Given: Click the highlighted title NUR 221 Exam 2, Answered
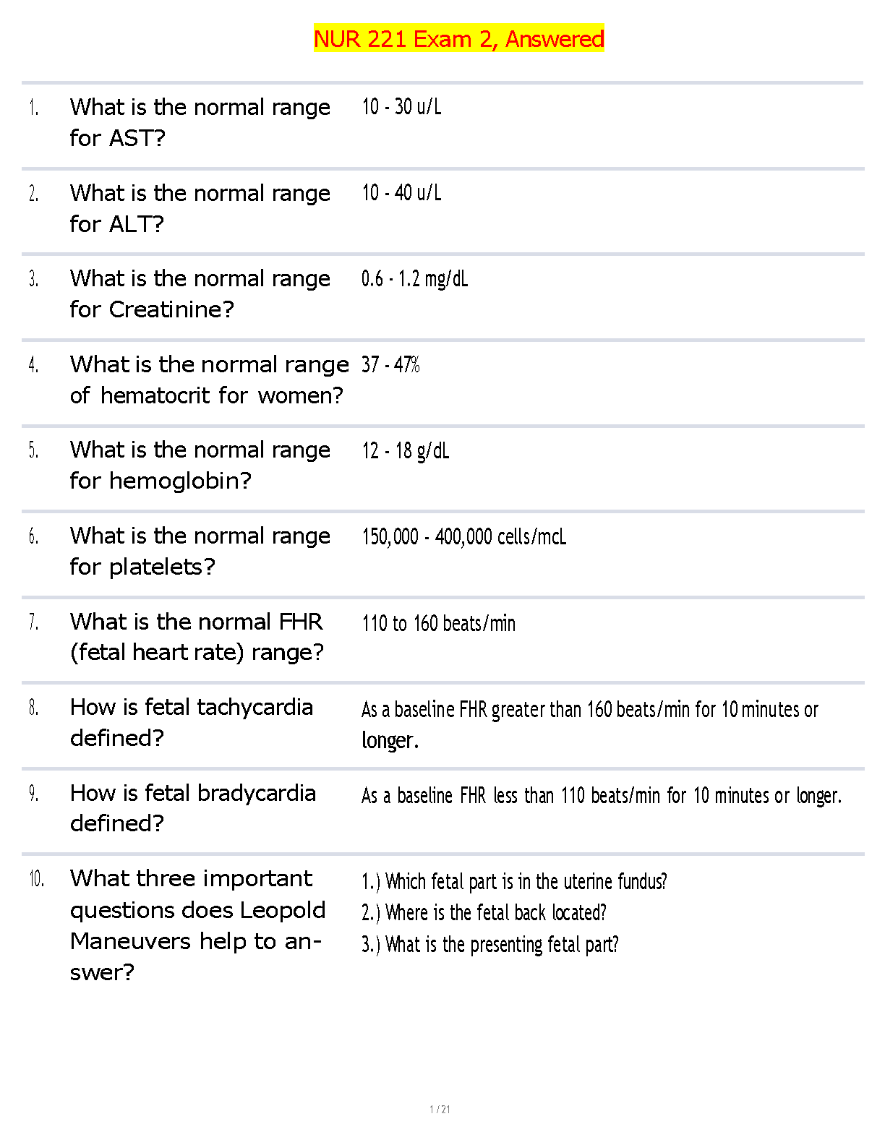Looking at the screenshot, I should tap(458, 38).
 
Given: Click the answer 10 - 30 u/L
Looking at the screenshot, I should tap(401, 107).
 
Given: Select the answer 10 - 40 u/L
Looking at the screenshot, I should tap(401, 193).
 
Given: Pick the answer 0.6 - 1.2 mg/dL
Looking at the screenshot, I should tap(414, 279).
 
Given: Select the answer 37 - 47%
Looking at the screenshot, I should tap(390, 364).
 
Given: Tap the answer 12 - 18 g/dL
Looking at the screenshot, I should tap(405, 451).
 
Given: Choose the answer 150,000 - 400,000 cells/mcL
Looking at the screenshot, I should tap(463, 536).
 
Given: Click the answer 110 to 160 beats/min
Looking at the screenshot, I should tap(438, 623).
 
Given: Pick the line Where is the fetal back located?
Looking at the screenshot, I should tap(484, 913).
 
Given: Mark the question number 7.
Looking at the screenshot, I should tap(33, 622).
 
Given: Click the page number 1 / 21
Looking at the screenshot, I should tap(440, 1110).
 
